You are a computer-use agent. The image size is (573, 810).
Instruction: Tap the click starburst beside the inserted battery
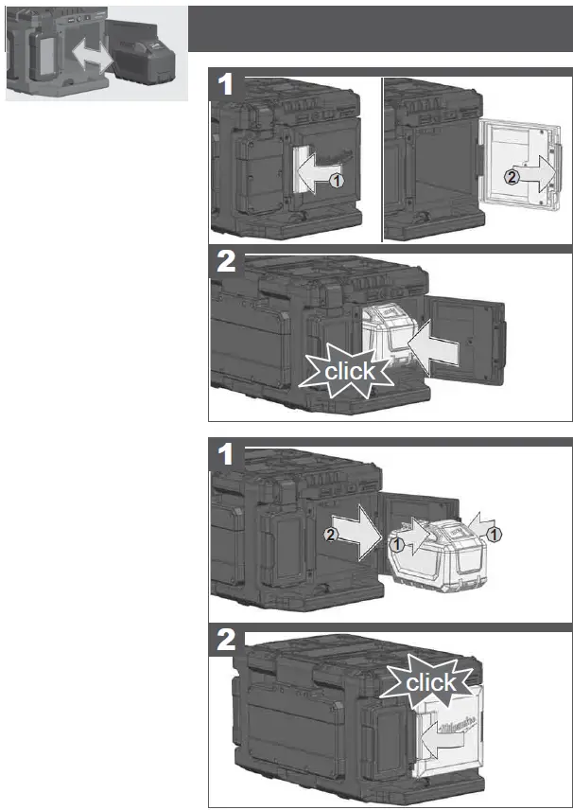[x=350, y=372]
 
